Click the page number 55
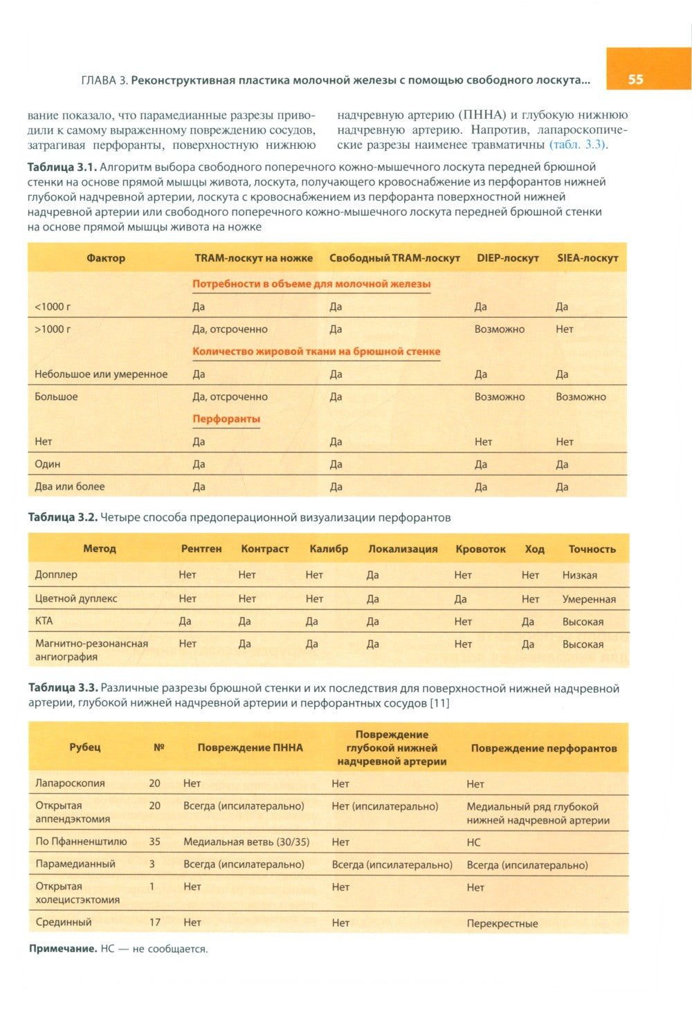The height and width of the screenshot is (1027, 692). (635, 80)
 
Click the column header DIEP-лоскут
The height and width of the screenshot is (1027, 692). (507, 258)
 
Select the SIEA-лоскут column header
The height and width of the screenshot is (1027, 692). (587, 258)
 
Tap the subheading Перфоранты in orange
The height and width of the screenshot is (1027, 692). (226, 419)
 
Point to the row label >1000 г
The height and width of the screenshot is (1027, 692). (53, 329)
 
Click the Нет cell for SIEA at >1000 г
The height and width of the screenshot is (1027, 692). (564, 329)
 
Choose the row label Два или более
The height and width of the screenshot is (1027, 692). (70, 487)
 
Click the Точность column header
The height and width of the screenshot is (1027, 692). (592, 549)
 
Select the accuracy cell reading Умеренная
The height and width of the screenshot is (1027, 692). (588, 599)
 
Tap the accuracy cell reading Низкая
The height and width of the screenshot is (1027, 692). (579, 575)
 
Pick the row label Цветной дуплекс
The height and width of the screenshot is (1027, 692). (76, 599)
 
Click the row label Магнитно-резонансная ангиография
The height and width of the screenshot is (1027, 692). (91, 650)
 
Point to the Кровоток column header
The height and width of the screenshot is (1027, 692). (480, 549)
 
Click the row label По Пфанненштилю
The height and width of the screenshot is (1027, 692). (81, 842)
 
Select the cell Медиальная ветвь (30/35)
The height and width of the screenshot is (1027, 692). (246, 842)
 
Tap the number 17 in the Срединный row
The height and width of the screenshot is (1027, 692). (154, 923)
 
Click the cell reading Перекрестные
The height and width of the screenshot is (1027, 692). (502, 923)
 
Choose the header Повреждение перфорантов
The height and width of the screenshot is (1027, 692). (543, 748)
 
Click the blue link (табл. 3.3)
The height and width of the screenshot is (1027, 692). (577, 145)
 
